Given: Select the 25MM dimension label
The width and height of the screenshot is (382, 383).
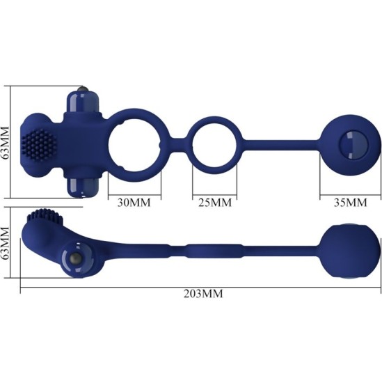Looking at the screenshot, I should [214, 203].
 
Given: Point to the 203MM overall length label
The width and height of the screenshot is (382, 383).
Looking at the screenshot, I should [203, 294].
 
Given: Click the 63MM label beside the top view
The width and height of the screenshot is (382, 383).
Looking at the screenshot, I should [7, 142].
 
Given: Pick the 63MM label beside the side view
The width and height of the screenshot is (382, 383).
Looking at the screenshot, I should [7, 244].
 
